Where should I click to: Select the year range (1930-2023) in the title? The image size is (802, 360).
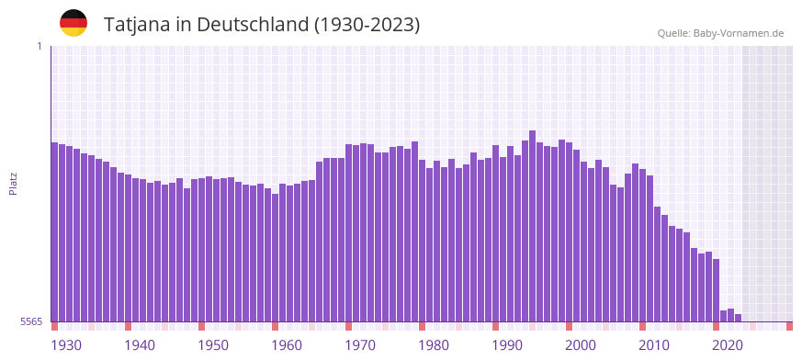click(x=367, y=25)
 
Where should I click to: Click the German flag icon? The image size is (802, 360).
click(x=73, y=23)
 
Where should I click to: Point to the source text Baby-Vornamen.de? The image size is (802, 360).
click(x=738, y=33)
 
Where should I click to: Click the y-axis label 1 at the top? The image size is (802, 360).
click(x=40, y=46)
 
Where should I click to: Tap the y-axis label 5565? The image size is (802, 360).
click(x=30, y=321)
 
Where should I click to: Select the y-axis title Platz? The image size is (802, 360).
click(x=13, y=184)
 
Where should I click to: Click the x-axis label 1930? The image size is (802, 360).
click(x=66, y=345)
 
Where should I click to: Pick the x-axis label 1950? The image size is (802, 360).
click(x=213, y=345)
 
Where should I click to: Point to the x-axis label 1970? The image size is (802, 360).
click(x=360, y=345)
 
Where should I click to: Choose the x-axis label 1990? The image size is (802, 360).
click(x=507, y=345)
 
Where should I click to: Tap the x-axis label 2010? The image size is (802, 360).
click(x=654, y=345)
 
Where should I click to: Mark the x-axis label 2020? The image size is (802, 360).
click(x=728, y=345)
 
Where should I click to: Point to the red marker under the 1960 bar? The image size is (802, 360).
click(x=275, y=326)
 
